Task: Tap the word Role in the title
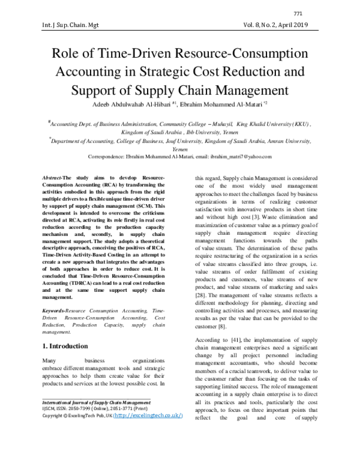pyautogui.click(x=68, y=53)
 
